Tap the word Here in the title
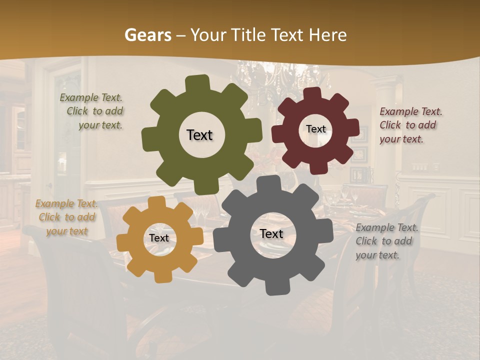click(328, 35)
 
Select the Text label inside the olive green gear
click(199, 135)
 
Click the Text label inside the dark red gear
click(315, 129)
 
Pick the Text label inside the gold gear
click(159, 238)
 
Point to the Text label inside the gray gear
click(271, 233)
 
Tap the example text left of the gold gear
click(66, 217)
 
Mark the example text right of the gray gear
click(385, 241)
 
